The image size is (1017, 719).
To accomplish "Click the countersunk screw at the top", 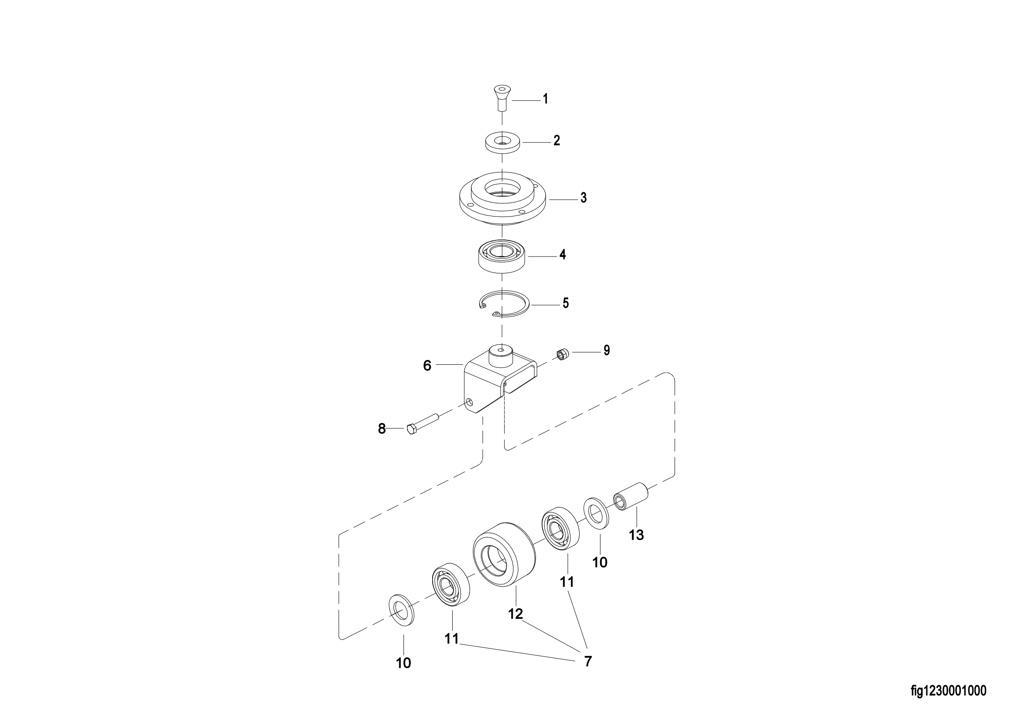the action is pos(502,98).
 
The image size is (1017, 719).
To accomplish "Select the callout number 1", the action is pos(546,99).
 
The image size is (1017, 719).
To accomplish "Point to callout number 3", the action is pos(584,198).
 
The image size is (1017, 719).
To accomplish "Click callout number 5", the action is pos(566,303).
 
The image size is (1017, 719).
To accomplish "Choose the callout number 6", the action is pos(427,366).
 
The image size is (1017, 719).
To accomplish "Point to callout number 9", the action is pos(607,350).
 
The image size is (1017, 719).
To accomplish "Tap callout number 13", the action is pos(636,535).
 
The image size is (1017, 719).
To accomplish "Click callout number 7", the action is pos(588,662).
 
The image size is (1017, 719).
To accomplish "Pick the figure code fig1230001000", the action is pos(948,691).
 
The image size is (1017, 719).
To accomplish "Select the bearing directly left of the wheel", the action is pos(451,584).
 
